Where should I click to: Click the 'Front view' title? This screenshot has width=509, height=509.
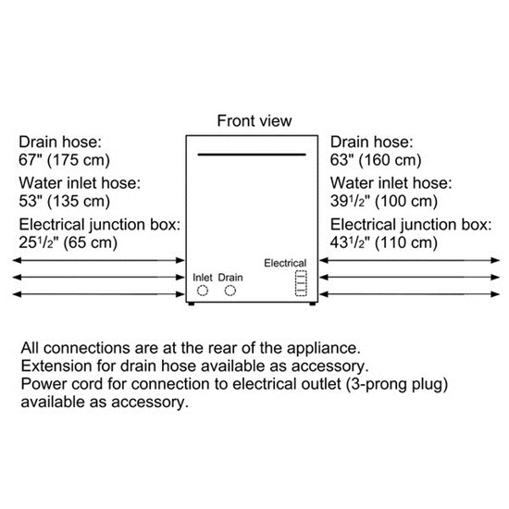(x=254, y=121)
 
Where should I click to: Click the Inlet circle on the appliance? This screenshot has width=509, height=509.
(x=202, y=292)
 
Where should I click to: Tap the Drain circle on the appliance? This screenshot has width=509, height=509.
(x=230, y=292)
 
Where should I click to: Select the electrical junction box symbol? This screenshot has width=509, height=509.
(x=299, y=282)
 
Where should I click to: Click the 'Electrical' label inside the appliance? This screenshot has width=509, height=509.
(x=285, y=264)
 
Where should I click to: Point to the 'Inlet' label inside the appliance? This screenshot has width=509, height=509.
(x=202, y=277)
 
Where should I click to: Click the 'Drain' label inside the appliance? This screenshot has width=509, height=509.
(x=230, y=277)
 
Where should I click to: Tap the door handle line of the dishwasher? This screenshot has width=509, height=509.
(x=254, y=155)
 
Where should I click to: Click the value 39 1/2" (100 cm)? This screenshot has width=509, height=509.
(x=383, y=201)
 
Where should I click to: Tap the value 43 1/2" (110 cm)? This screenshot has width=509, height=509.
(x=383, y=243)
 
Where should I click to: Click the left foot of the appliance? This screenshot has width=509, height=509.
(x=192, y=303)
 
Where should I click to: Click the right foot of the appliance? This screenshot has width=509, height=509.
(x=316, y=303)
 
